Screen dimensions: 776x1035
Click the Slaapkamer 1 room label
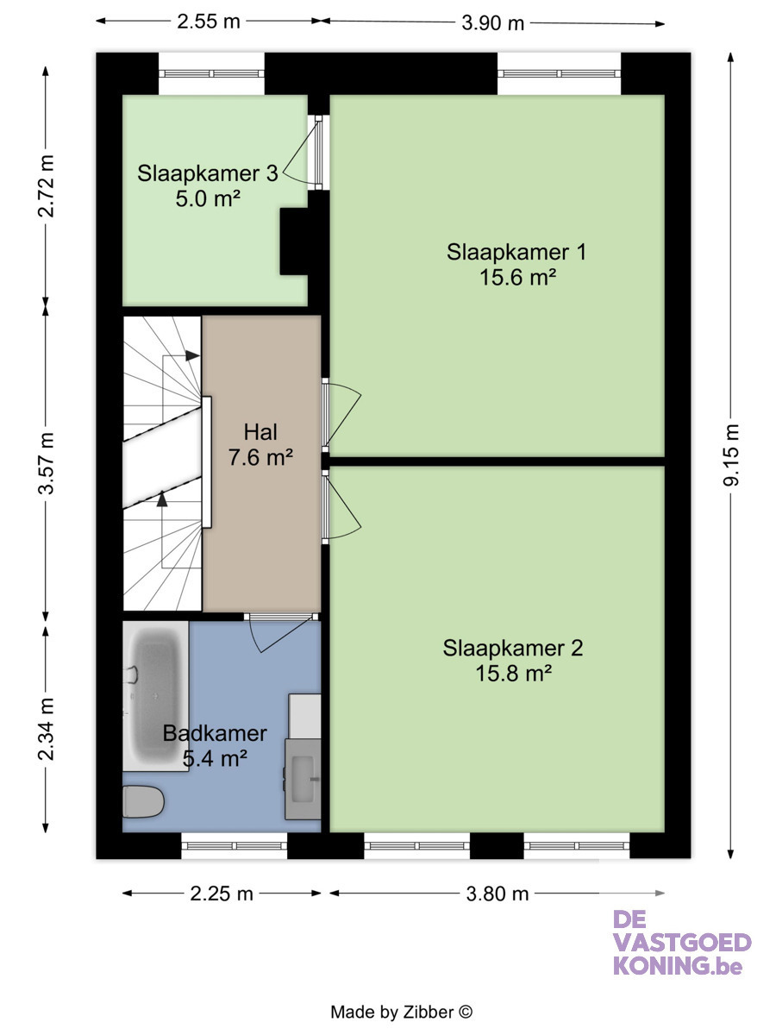pyautogui.click(x=516, y=252)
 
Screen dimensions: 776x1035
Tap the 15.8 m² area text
pyautogui.click(x=513, y=673)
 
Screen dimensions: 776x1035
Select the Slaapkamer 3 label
pyautogui.click(x=207, y=173)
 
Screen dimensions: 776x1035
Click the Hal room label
pyautogui.click(x=260, y=432)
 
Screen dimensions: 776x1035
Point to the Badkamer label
pyautogui.click(x=215, y=733)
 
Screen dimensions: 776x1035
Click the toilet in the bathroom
pyautogui.click(x=143, y=801)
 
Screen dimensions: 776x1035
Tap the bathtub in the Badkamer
pyautogui.click(x=155, y=696)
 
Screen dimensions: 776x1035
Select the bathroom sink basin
pyautogui.click(x=303, y=779)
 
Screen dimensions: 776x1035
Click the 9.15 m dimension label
pyautogui.click(x=731, y=455)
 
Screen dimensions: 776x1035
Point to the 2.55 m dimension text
pyautogui.click(x=209, y=22)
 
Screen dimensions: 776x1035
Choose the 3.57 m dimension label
pyautogui.click(x=46, y=463)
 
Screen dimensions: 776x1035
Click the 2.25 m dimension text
pyautogui.click(x=222, y=894)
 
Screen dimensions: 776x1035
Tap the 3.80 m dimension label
pyautogui.click(x=498, y=894)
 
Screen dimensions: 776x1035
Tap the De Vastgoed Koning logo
pyautogui.click(x=682, y=950)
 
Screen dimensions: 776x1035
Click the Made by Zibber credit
pyautogui.click(x=402, y=1012)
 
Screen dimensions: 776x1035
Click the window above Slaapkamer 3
pyautogui.click(x=211, y=73)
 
